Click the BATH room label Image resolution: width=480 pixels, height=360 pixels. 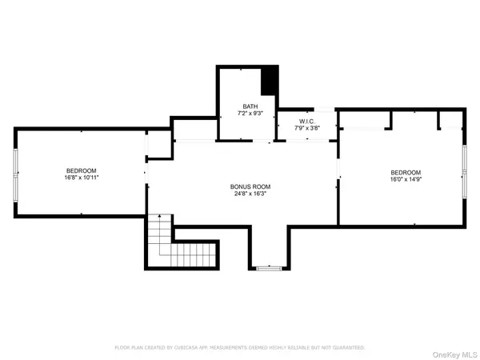250,106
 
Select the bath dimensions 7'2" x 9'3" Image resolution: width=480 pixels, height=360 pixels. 250,114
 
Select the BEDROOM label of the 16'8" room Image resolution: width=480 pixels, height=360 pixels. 81,170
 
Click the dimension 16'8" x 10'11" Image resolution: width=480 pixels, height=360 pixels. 81,178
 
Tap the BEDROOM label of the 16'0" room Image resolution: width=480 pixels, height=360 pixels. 406,173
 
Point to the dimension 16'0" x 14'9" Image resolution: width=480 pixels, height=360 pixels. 406,180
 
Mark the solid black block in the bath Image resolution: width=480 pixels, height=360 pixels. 270,81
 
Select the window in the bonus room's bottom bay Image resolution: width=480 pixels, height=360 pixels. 268,269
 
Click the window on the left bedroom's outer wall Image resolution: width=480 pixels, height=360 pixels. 15,173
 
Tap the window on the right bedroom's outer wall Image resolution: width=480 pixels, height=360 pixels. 466,171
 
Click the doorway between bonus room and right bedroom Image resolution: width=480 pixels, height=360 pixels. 338,169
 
